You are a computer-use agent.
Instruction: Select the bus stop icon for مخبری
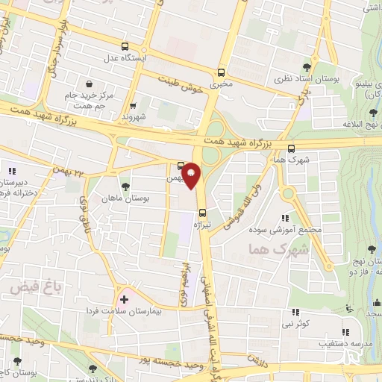pyautogui.click(x=221, y=72)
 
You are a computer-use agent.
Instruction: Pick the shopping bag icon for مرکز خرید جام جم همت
pyautogui.click(x=90, y=84)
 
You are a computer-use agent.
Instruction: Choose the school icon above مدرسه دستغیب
pyautogui.click(x=345, y=333)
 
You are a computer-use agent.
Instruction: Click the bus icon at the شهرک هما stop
pyautogui.click(x=291, y=148)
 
